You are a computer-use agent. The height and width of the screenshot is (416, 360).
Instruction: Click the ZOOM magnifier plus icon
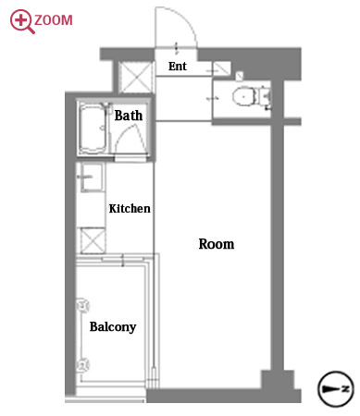point(22,21)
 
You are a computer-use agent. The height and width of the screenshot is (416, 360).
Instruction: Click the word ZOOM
point(54,20)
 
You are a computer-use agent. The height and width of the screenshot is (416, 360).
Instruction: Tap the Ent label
point(178,67)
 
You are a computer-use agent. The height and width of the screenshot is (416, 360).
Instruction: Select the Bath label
point(129,116)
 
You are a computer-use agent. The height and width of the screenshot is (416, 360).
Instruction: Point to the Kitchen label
point(130,209)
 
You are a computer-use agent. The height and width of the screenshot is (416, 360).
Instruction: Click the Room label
point(217,244)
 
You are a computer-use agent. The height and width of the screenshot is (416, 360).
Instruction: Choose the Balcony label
point(113,327)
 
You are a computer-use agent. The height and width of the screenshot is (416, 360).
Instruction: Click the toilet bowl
point(243,96)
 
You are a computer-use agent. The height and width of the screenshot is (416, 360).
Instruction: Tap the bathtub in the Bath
point(93,128)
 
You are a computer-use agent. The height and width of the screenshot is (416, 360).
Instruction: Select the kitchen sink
point(92,177)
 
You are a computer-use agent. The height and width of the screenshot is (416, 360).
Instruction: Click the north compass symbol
point(336,389)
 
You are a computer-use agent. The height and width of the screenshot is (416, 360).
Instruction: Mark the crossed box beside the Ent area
point(136,77)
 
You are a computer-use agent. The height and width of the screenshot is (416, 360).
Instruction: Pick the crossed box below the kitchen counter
point(93,240)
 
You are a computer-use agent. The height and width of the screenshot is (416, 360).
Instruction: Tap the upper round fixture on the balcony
point(82,306)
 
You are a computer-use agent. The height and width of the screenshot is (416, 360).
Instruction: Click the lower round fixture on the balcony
point(82,365)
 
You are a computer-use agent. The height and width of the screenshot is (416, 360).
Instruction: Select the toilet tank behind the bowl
point(263,96)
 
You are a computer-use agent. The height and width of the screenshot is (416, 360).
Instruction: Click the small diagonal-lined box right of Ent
point(221,68)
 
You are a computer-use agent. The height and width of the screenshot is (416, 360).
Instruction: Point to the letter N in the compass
point(346,388)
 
